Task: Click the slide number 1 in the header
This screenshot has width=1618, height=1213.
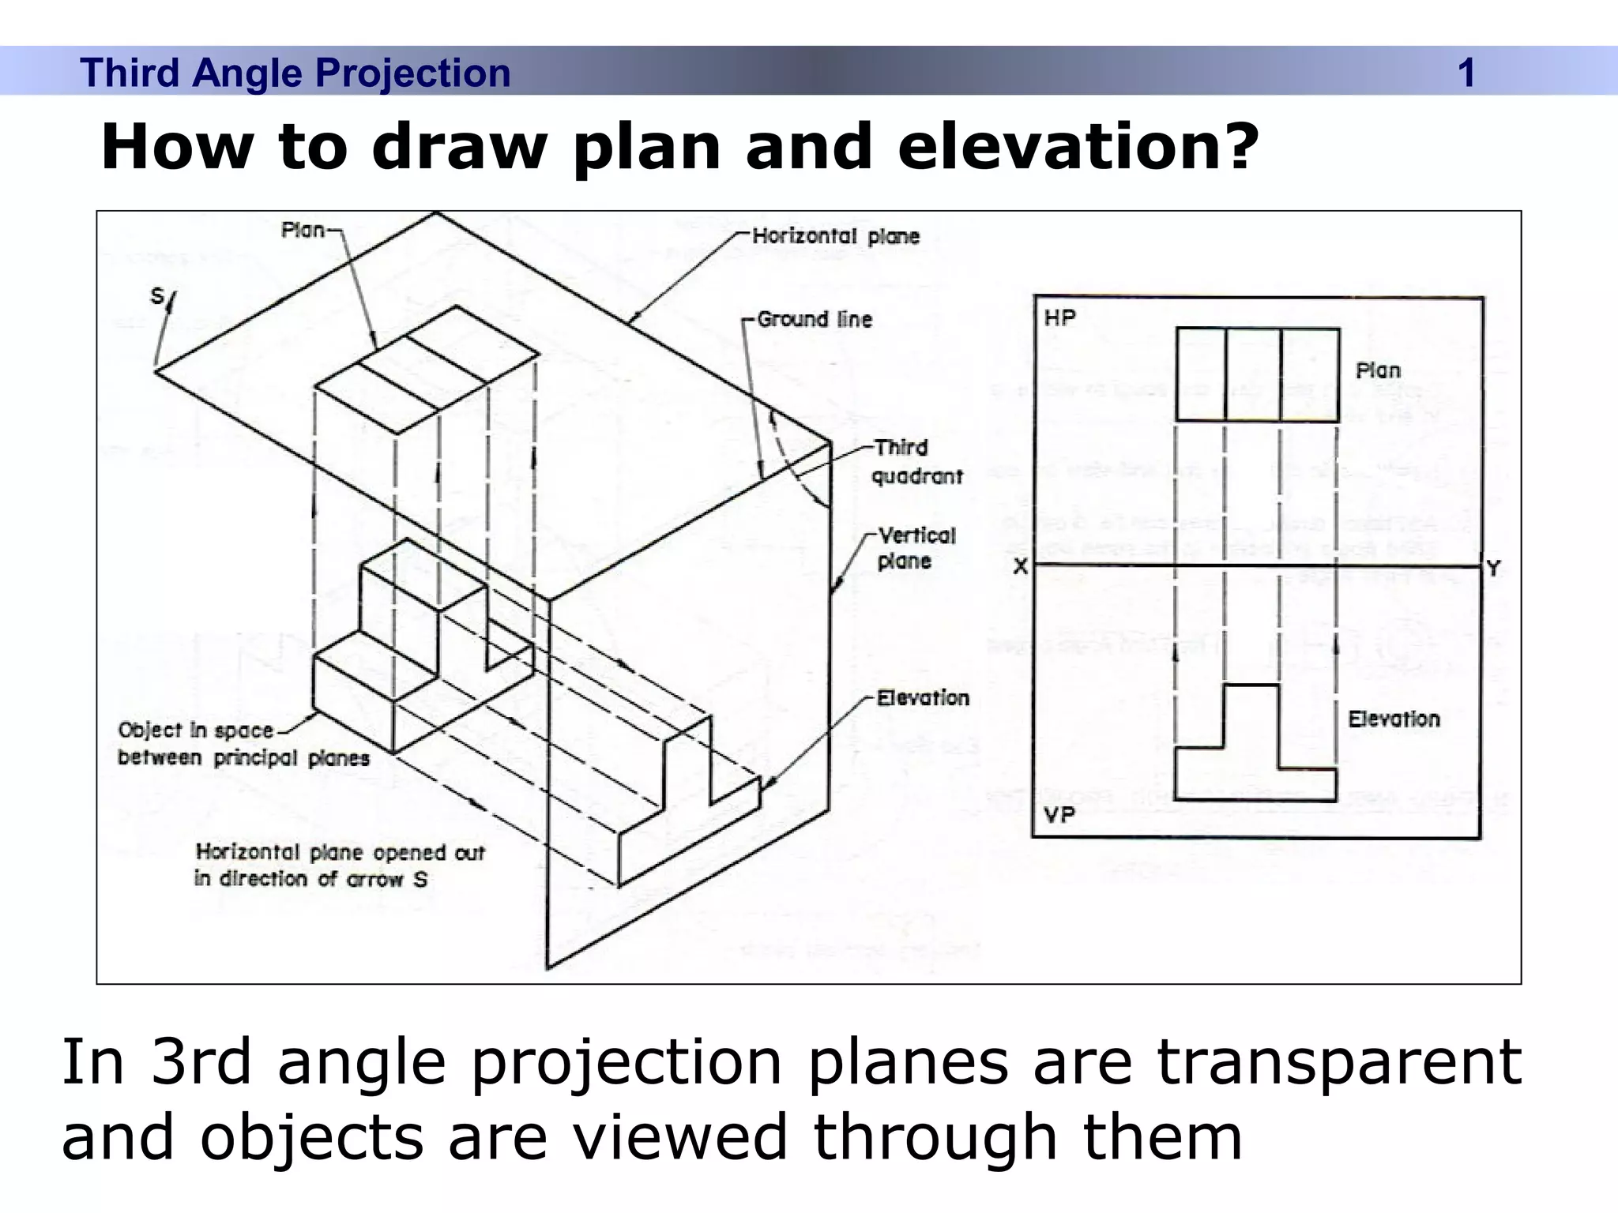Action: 1466,73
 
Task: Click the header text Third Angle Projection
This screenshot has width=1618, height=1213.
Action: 295,73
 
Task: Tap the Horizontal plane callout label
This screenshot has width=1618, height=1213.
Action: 836,236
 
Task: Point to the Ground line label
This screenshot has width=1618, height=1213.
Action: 815,320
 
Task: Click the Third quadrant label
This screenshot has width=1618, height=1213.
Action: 916,462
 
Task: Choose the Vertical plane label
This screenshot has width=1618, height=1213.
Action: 916,548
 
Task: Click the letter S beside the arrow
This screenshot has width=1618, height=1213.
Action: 157,296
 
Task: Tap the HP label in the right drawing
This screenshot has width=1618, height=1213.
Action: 1059,317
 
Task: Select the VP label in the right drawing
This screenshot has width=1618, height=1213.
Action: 1059,814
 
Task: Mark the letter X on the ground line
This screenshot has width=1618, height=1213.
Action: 1021,567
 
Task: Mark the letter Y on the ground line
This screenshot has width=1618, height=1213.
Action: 1493,568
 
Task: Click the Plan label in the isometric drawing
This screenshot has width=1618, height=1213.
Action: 303,230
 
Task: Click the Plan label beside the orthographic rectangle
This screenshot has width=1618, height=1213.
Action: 1378,370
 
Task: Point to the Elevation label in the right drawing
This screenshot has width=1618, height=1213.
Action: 1394,719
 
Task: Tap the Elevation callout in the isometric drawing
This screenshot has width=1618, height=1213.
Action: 923,698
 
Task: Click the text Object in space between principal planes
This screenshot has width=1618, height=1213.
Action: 243,744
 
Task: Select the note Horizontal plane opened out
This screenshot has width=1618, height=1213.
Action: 340,866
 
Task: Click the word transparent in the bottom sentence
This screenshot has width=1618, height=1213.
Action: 1338,1063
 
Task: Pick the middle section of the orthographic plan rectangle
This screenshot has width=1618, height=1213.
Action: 1253,374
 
